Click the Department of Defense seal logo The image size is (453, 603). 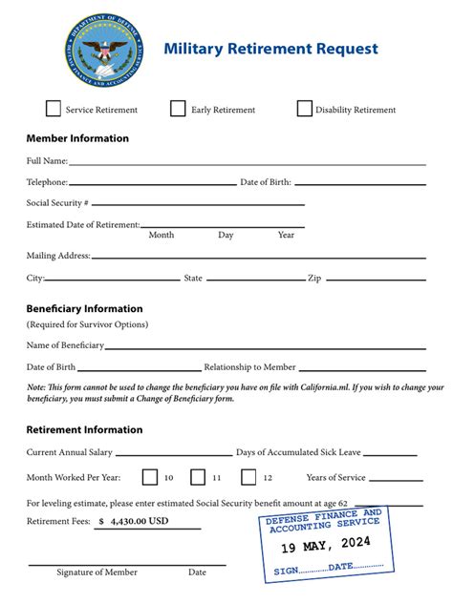coord(102,49)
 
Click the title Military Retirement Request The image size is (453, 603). coord(270,49)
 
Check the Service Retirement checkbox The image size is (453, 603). coord(54,109)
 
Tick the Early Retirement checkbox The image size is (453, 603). coord(178,109)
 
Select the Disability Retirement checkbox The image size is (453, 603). coord(305,109)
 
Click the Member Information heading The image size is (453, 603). coord(77,138)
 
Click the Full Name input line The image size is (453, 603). coord(247,163)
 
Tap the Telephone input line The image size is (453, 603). coord(152,183)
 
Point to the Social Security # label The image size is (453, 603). coord(57,203)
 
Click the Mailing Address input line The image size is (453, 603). coord(258,257)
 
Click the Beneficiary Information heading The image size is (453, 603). coord(84,309)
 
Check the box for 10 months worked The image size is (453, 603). coord(150,477)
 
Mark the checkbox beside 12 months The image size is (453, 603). coord(248,477)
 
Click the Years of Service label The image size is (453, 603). coord(335,477)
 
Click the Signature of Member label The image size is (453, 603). coord(97,572)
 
